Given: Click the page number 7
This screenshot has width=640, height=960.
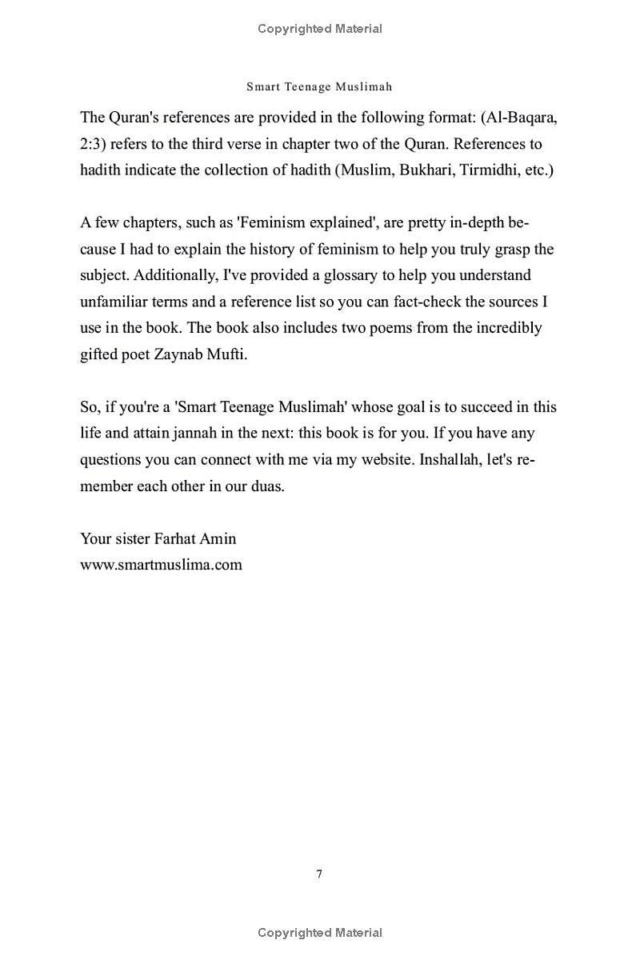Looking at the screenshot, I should pos(319,874).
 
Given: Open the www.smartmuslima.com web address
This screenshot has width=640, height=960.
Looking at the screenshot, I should pos(161,565).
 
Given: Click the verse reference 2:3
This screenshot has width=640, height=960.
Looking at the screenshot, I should pos(93,144).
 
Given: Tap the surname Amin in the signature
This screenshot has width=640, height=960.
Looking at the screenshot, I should pos(218,538).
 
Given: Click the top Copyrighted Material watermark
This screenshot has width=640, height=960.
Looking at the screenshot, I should pos(320,29).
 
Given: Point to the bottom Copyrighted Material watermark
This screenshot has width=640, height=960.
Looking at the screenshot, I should pos(320,933).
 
